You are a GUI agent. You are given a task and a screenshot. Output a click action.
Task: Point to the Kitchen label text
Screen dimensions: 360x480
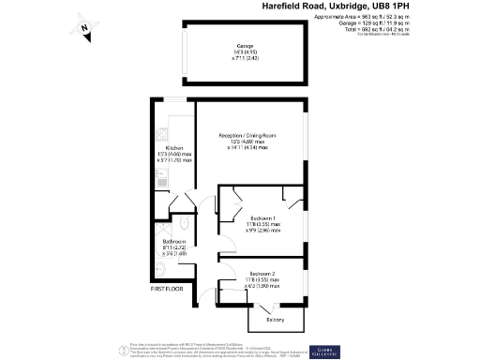[x=173, y=148]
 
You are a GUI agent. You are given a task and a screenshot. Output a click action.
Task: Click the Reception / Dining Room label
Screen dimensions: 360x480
[x=250, y=135]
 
